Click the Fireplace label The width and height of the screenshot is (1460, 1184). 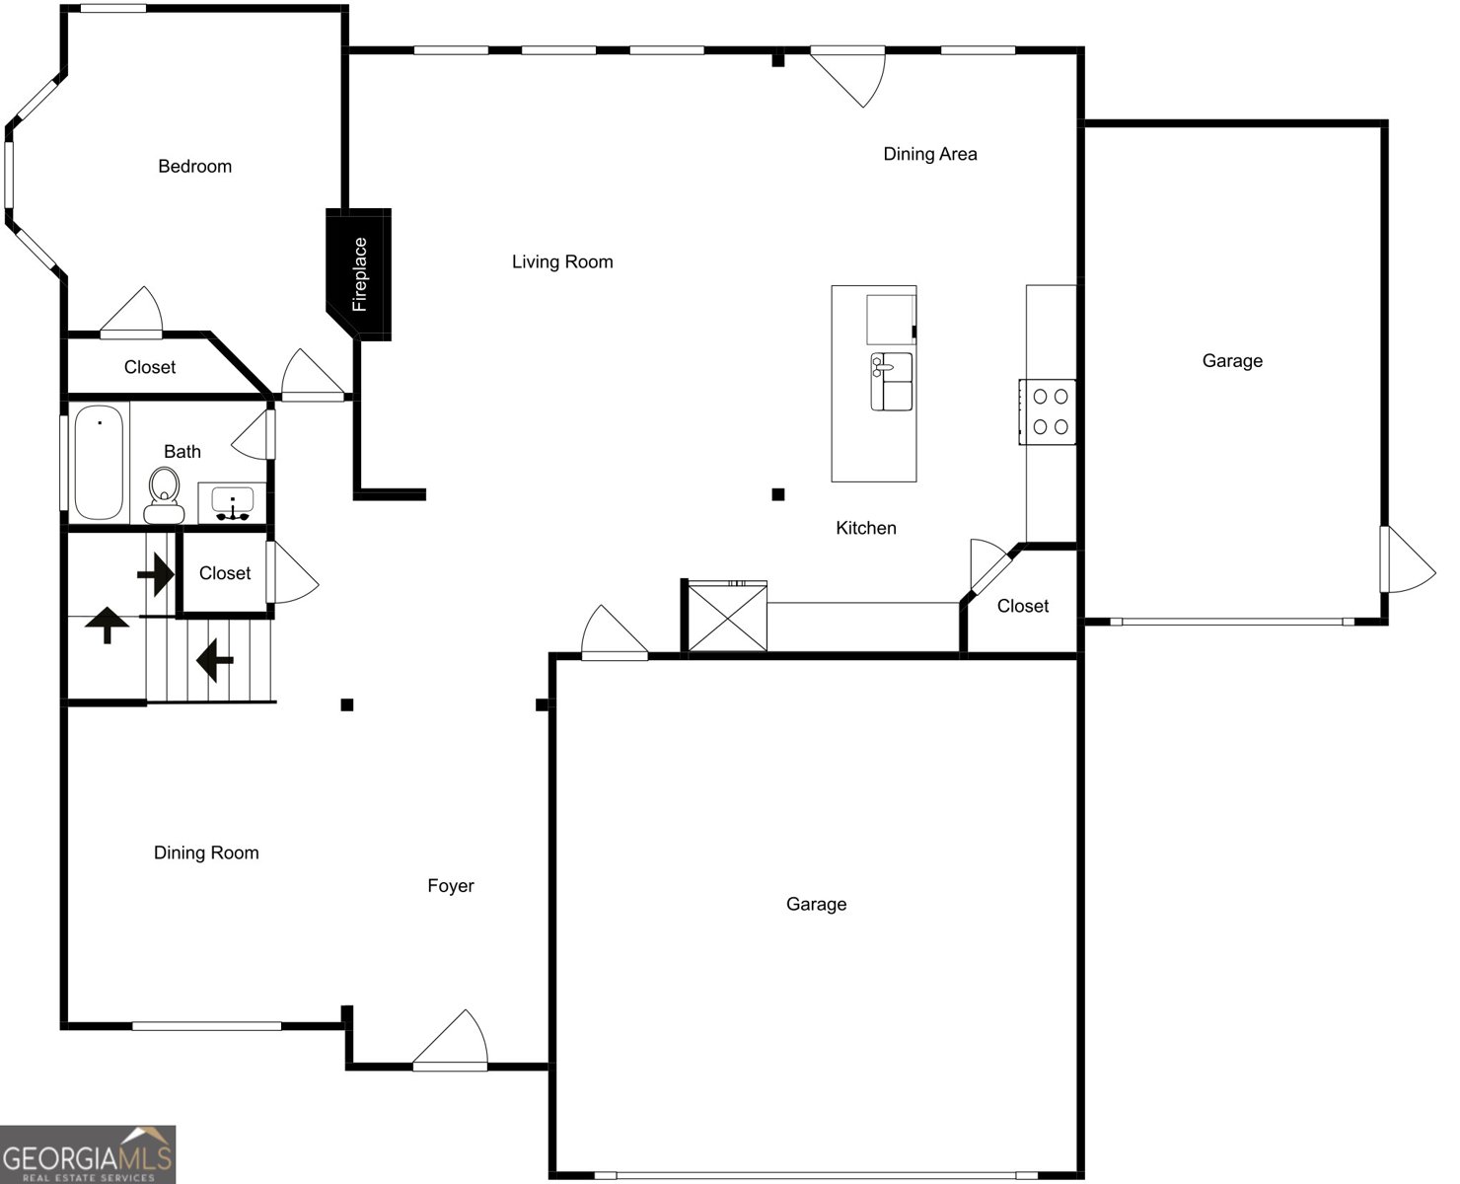tap(360, 274)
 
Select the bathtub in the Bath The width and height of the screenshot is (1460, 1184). tap(99, 462)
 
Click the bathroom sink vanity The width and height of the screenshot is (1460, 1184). tap(233, 502)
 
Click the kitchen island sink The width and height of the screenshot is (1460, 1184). tap(891, 381)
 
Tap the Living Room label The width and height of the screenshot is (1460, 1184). tap(562, 261)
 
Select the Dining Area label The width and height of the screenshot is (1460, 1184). tap(929, 154)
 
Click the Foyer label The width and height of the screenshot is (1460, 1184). tap(450, 886)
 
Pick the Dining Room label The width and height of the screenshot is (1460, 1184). tap(206, 852)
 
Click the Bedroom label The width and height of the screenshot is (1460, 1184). tap(194, 167)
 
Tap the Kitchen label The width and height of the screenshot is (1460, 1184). tap(865, 528)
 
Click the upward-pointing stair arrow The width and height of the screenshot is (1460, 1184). tap(107, 626)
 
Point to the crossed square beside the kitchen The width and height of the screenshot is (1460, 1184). tap(727, 618)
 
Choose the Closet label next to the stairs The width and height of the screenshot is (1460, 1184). tap(225, 573)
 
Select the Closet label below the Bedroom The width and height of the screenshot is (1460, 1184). tap(150, 367)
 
